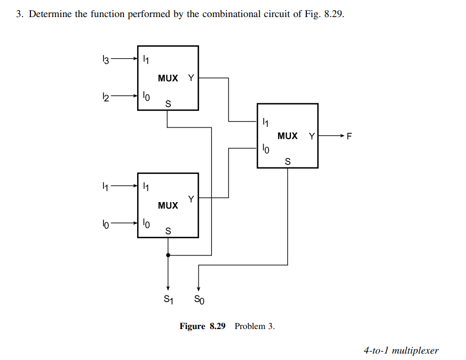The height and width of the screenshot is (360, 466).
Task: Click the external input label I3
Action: point(106,60)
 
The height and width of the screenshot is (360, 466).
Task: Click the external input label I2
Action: point(106,97)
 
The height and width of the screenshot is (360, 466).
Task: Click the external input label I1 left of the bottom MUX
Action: point(106,187)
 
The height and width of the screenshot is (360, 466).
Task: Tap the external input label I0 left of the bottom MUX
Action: point(106,224)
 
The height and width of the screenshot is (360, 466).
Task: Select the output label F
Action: point(350,136)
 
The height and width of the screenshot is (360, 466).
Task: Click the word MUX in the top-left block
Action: point(168,78)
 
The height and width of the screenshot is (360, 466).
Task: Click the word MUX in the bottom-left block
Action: point(168,205)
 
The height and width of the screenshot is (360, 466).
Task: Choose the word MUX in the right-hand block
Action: point(288,136)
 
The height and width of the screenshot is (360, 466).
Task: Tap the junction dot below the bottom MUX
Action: point(168,255)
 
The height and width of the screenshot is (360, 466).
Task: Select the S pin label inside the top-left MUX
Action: point(168,103)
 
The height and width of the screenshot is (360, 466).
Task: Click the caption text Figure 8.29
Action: point(203,326)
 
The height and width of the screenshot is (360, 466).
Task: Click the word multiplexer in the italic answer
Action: point(415,350)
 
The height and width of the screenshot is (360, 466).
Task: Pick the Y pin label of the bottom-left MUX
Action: point(191,199)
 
